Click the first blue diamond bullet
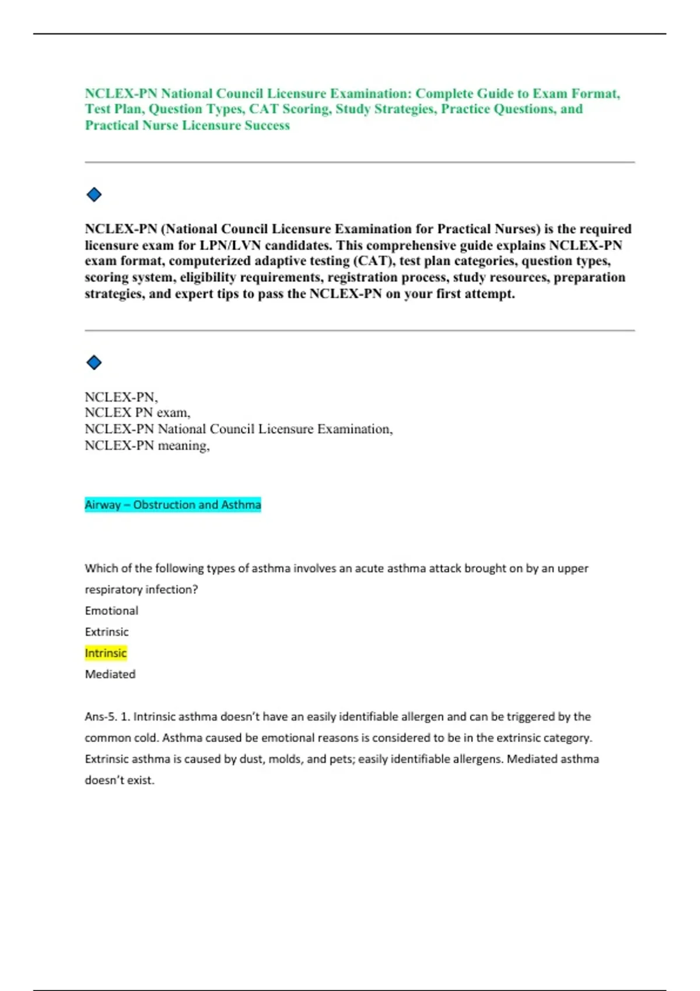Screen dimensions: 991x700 pyautogui.click(x=94, y=195)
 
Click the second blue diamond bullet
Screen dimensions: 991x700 pyautogui.click(x=94, y=363)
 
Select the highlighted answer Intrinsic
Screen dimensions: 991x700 pyautogui.click(x=106, y=653)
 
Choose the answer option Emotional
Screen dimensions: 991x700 pyautogui.click(x=111, y=610)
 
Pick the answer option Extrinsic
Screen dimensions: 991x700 pyautogui.click(x=107, y=632)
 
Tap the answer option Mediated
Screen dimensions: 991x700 pyautogui.click(x=110, y=674)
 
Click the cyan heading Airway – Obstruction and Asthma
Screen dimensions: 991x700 pyautogui.click(x=173, y=505)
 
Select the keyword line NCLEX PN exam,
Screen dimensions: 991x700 pyautogui.click(x=138, y=413)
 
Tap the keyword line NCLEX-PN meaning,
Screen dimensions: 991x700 pyautogui.click(x=147, y=446)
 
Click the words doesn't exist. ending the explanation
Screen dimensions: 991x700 pyautogui.click(x=120, y=780)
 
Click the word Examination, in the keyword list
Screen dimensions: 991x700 pyautogui.click(x=355, y=429)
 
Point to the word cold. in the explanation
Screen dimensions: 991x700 pyautogui.click(x=146, y=738)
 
